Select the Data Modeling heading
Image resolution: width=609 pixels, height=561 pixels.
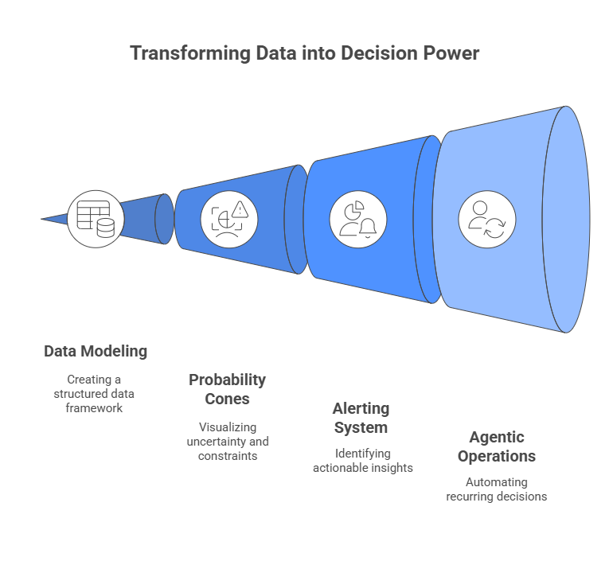tap(96, 351)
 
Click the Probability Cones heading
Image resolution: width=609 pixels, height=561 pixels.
tap(228, 389)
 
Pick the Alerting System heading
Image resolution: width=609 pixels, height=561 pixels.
tap(361, 418)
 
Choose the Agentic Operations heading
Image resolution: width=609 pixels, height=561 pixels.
tap(497, 446)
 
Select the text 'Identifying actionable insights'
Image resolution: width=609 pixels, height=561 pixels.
tap(363, 461)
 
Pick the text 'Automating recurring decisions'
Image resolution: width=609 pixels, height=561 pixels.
tap(497, 489)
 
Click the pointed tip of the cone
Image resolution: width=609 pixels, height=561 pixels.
tap(44, 219)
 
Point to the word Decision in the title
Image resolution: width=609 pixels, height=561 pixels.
tap(374, 53)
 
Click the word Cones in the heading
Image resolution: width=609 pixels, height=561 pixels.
tap(228, 399)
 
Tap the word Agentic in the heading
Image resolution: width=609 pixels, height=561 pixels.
tap(497, 437)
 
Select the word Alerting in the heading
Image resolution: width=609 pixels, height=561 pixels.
tap(361, 408)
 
